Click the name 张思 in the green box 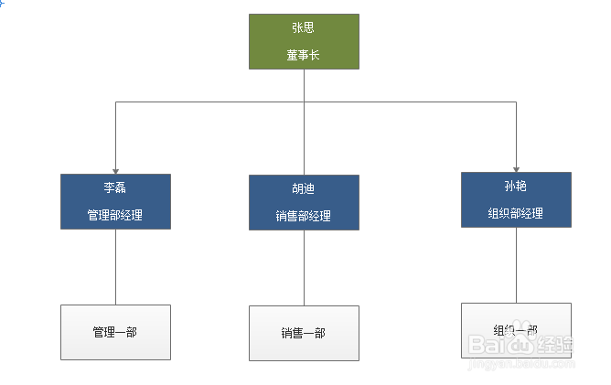[304, 27]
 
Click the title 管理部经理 [115, 215]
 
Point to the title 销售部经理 [304, 217]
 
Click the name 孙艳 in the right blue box [516, 187]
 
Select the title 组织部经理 [516, 213]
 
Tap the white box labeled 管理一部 [115, 332]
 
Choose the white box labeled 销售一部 [304, 333]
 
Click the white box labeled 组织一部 [516, 330]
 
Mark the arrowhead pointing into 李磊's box [115, 169]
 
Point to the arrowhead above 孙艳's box [516, 167]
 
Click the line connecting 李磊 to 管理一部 [115, 266]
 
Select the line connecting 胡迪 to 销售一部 [304, 268]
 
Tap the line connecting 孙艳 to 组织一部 [516, 265]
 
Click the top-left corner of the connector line [115, 102]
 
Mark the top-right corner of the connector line [516, 102]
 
